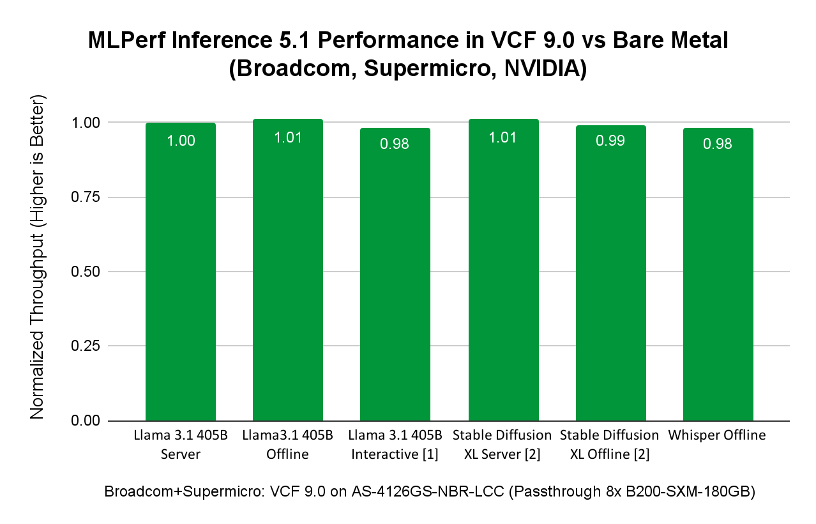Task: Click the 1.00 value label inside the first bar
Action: [181, 141]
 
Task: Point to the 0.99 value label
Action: [610, 141]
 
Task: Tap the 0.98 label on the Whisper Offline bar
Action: [718, 144]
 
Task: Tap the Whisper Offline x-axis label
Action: [717, 436]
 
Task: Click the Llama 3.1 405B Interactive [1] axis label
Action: [395, 445]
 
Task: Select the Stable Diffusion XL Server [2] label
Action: [502, 445]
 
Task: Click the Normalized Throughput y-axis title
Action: [38, 258]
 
